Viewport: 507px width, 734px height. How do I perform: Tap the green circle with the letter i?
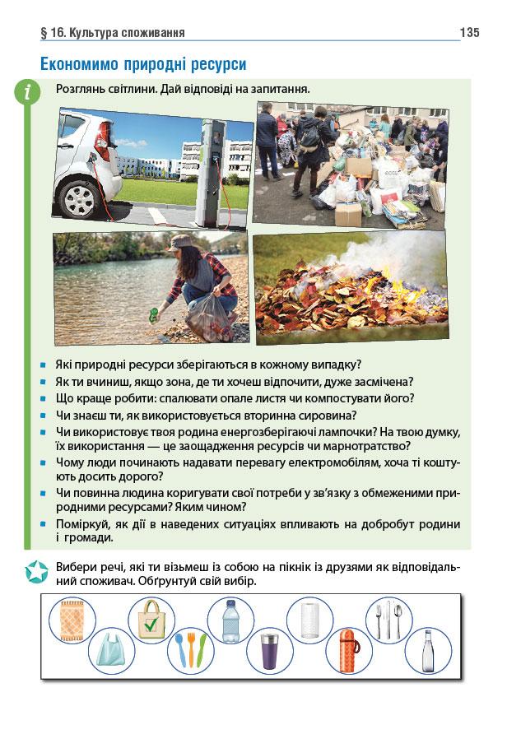coord(29,94)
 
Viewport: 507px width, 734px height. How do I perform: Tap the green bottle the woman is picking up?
coord(154,313)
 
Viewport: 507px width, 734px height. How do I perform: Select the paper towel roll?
coord(309,619)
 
